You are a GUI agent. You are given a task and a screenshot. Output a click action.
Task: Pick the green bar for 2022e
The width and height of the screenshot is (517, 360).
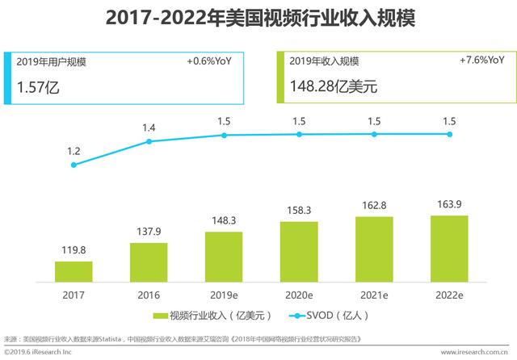click(449, 248)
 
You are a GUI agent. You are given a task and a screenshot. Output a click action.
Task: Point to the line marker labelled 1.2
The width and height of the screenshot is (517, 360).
click(74, 165)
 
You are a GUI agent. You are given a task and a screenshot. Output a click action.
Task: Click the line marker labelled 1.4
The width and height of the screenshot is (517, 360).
click(149, 141)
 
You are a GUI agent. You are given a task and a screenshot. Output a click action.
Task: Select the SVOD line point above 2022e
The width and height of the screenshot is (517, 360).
click(449, 134)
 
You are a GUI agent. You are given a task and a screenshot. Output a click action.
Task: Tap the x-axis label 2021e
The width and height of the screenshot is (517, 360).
click(374, 295)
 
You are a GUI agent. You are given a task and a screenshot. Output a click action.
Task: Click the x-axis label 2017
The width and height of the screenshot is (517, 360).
click(74, 295)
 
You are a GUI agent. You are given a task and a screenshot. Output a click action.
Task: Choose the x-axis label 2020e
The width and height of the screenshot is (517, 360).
click(299, 295)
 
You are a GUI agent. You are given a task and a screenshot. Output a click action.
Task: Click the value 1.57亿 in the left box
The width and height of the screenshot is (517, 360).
click(37, 86)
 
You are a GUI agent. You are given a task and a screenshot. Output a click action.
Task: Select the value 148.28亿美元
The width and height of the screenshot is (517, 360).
click(330, 86)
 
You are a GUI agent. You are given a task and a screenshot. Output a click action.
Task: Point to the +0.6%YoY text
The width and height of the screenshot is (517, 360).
click(209, 61)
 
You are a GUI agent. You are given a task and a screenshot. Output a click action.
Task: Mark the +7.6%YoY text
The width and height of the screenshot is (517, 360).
click(483, 61)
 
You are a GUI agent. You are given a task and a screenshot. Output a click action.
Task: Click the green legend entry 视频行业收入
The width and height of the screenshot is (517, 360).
click(212, 316)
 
